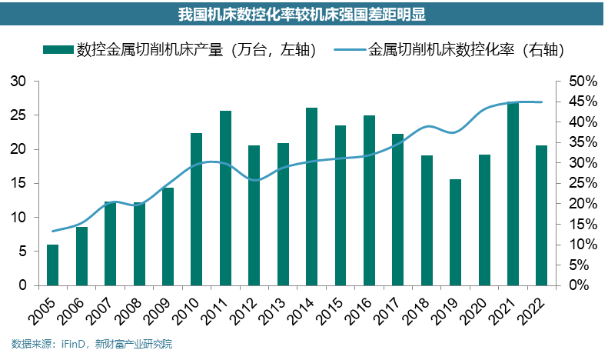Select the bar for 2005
(x=52, y=265)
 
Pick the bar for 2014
(x=311, y=196)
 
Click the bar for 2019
(x=455, y=232)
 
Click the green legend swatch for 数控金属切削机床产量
(x=58, y=50)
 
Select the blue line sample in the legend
(x=351, y=50)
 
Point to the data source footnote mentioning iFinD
(x=91, y=345)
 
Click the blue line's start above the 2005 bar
(x=52, y=231)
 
